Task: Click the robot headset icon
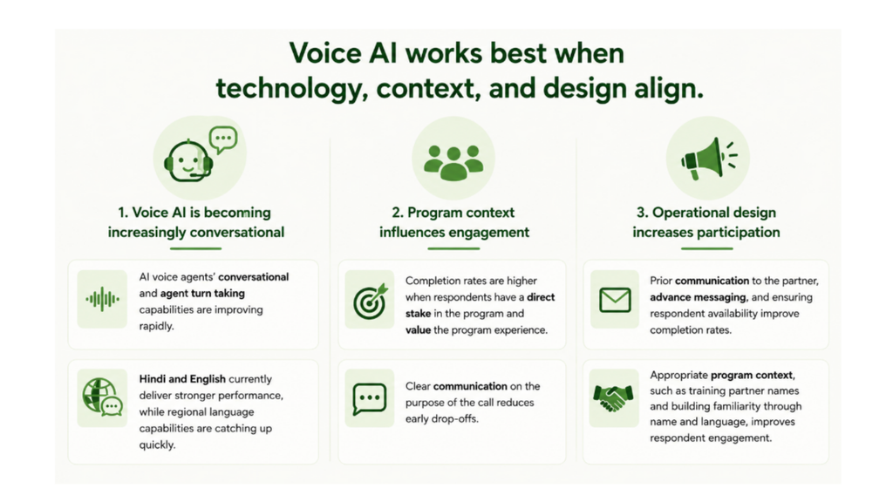[188, 161]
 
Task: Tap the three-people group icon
[453, 163]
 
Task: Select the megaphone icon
[708, 159]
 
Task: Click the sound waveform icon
[103, 299]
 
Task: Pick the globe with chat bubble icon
[103, 397]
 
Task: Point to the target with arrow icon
[370, 301]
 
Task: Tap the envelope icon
[615, 300]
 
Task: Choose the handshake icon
[613, 397]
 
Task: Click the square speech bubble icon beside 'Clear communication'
[370, 398]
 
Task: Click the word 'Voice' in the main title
[325, 53]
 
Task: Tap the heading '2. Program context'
[453, 213]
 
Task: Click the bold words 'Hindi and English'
[182, 379]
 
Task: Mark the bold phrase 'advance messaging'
[698, 297]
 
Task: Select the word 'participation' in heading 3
[740, 232]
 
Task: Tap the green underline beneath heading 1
[195, 248]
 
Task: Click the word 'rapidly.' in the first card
[157, 326]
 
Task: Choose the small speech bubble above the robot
[223, 139]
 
